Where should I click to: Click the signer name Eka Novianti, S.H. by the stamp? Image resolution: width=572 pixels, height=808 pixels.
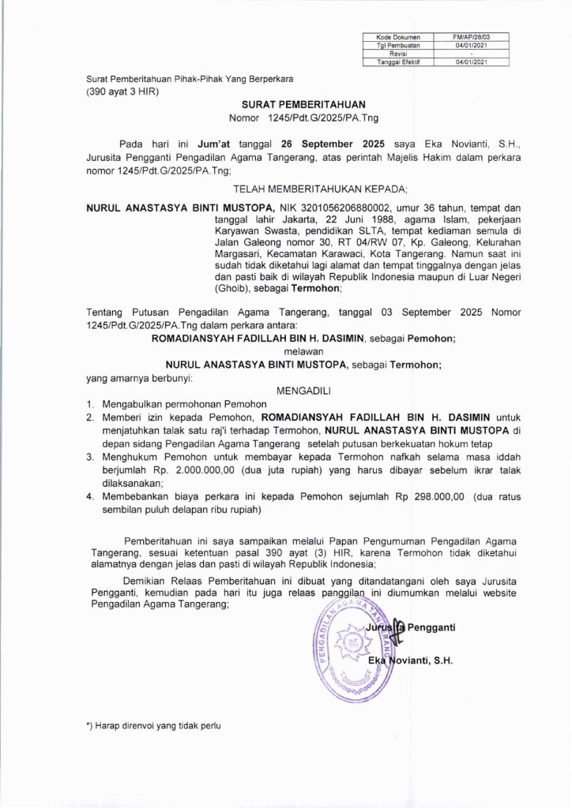pos(408,658)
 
